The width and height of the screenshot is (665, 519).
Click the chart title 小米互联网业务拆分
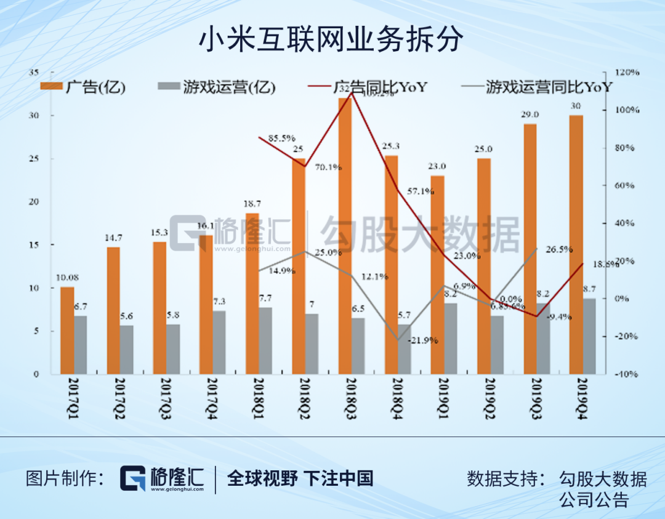coord(331,41)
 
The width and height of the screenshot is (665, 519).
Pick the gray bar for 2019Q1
coord(450,339)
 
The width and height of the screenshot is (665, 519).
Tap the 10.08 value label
coord(67,278)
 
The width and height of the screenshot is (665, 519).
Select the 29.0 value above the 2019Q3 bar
coord(530,115)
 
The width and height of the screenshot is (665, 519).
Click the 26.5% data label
coord(559,249)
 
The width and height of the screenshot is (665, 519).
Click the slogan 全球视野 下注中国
coord(300,478)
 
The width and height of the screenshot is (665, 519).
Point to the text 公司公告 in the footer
coord(594,499)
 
